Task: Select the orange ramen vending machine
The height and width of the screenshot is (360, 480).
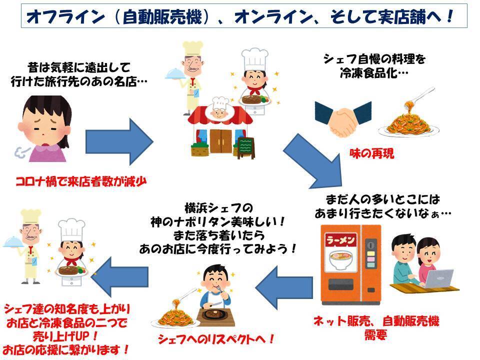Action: tap(350, 264)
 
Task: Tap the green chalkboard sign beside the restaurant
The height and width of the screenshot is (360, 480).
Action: tap(246, 146)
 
